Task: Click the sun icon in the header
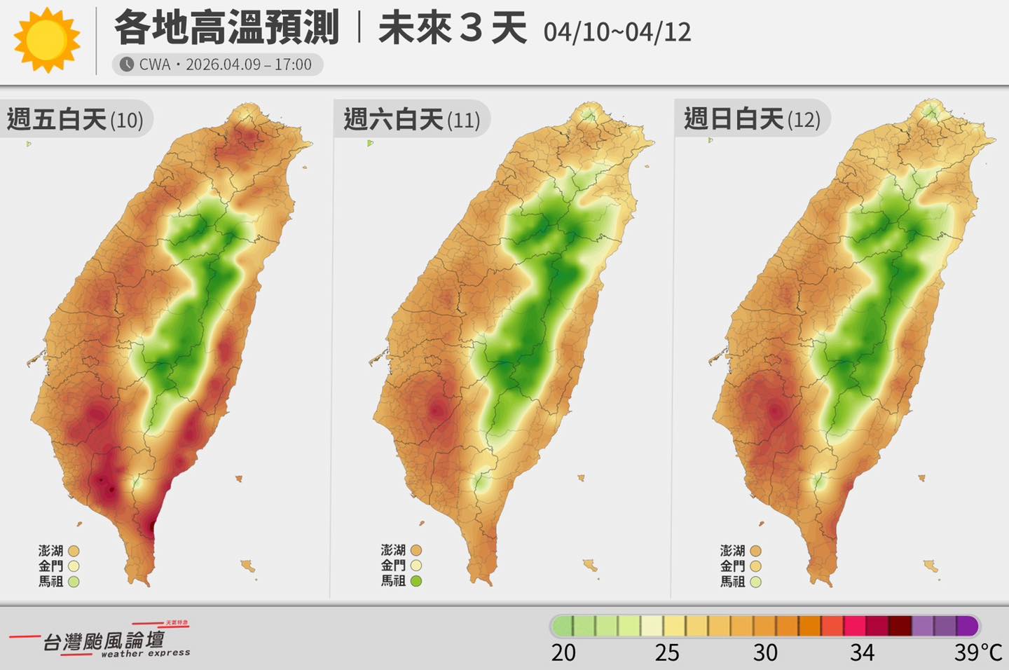point(46,40)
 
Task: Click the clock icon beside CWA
point(126,64)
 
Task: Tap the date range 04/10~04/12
point(617,32)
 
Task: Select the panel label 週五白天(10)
point(75,120)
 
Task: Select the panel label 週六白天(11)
point(411,120)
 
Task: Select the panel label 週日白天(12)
point(752,120)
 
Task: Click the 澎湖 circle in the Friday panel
point(74,551)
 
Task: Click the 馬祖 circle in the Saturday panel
point(416,581)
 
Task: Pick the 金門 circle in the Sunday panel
point(755,566)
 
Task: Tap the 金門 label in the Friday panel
point(50,566)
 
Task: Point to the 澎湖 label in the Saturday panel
point(393,551)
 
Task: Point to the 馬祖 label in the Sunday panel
point(732,582)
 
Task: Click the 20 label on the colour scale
point(563,653)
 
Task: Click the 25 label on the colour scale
point(667,653)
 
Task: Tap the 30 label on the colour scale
point(765,653)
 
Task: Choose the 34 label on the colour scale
point(862,653)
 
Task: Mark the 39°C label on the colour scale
point(977,653)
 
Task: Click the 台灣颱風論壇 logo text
point(104,641)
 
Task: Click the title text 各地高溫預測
point(226,28)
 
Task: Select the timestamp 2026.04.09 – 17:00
point(249,64)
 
